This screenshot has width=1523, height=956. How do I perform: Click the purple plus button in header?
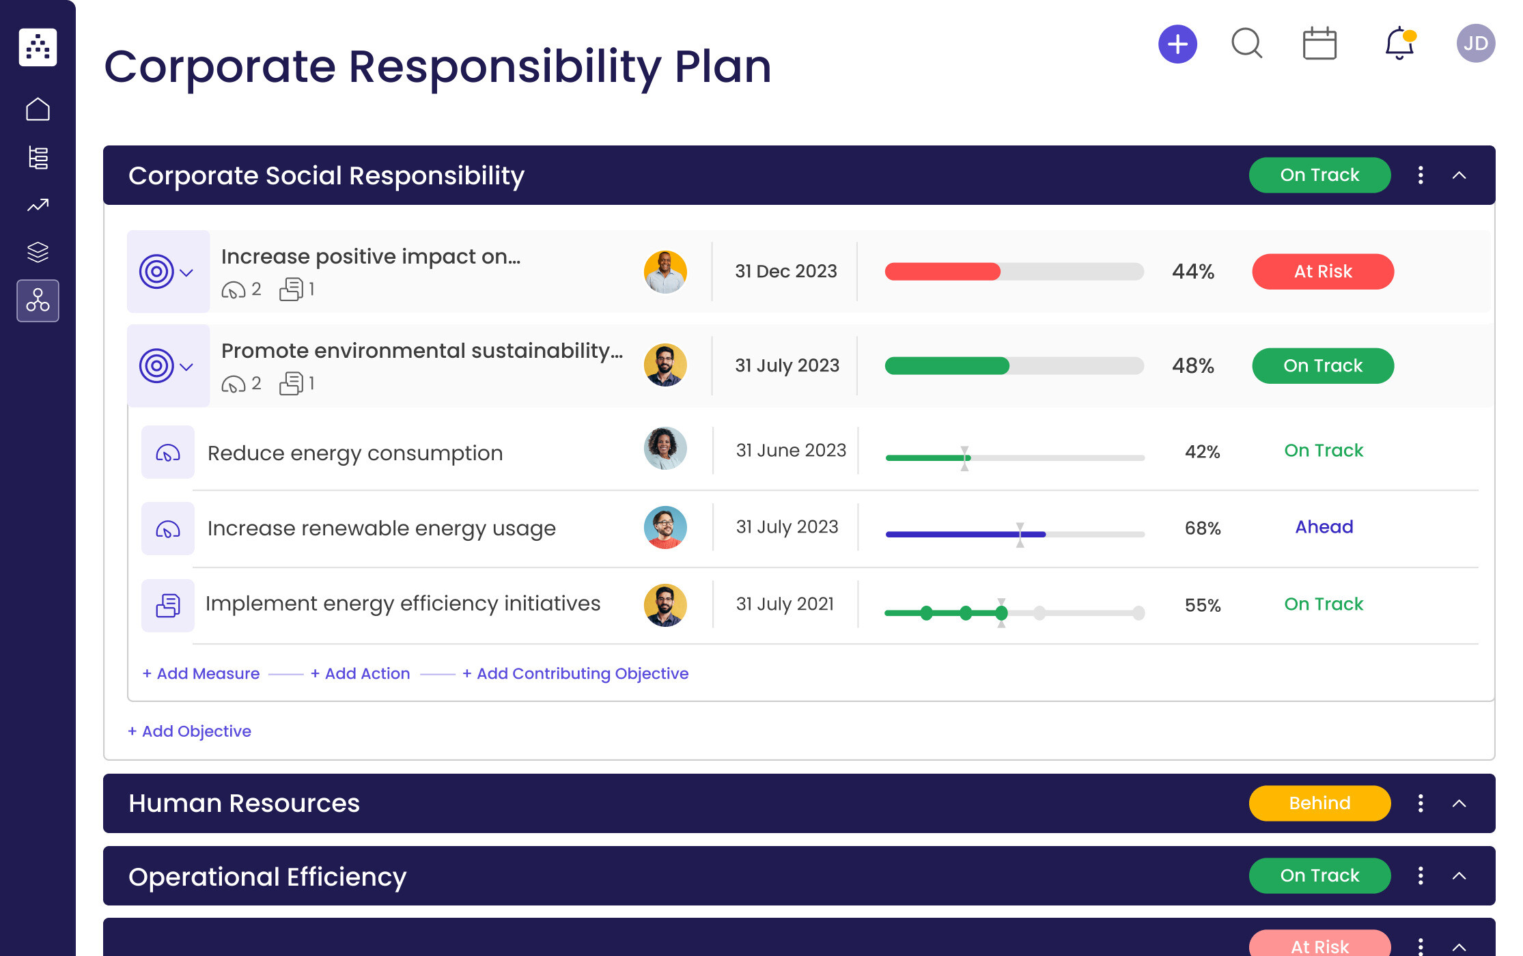(x=1177, y=44)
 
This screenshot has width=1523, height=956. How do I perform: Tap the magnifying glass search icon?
(x=1246, y=44)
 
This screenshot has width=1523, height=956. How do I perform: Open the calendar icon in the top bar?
(x=1319, y=44)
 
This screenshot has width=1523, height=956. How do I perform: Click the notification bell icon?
(x=1399, y=44)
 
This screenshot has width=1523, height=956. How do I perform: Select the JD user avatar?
(x=1475, y=44)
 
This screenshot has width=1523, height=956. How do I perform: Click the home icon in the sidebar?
(x=38, y=109)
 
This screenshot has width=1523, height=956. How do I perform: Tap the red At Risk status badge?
(x=1322, y=272)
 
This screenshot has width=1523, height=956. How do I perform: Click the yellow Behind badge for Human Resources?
(x=1319, y=803)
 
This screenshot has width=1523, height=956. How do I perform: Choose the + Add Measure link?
(x=201, y=673)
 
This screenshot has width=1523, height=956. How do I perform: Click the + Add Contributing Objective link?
(x=575, y=673)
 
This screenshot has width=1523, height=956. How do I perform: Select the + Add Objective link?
(x=190, y=731)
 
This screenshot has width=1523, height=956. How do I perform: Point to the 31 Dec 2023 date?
(x=785, y=272)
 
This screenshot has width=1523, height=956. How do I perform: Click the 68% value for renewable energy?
(x=1202, y=528)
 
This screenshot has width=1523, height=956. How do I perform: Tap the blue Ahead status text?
(x=1324, y=527)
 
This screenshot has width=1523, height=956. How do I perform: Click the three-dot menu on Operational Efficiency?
(x=1421, y=875)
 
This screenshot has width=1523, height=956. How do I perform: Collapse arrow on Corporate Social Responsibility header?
(x=1459, y=175)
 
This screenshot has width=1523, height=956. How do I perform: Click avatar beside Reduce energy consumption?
(x=665, y=449)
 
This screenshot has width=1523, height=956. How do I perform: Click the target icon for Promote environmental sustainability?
(x=156, y=366)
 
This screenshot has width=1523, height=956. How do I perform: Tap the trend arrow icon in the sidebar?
(x=38, y=205)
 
